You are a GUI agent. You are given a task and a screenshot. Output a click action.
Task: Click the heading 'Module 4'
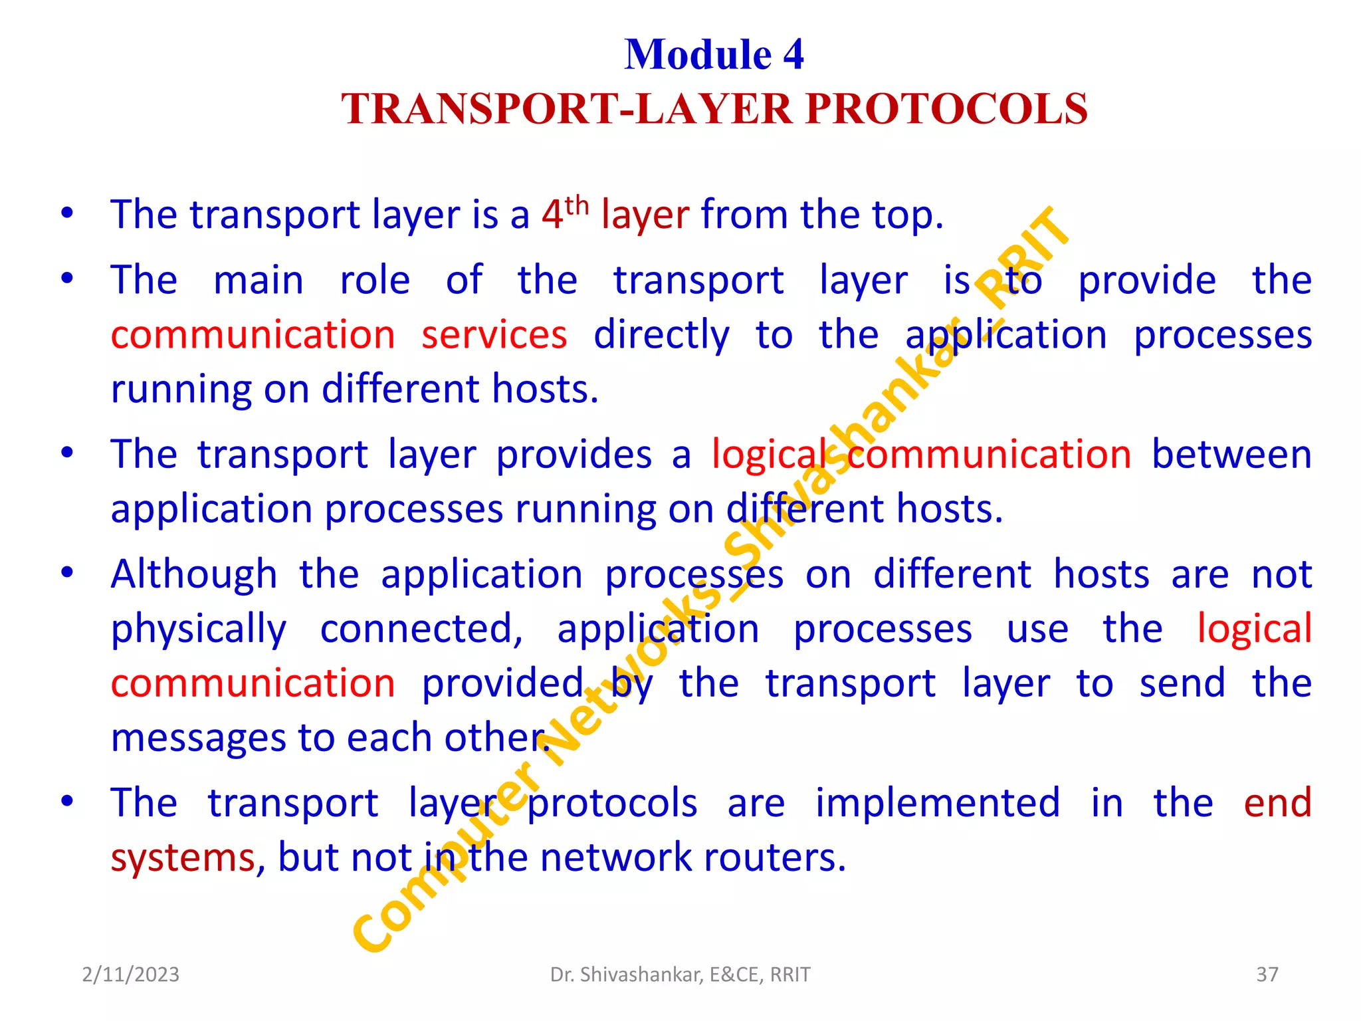click(x=714, y=55)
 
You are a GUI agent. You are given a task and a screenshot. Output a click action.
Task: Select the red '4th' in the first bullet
click(x=564, y=214)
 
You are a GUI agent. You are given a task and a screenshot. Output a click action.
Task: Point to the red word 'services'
click(x=494, y=334)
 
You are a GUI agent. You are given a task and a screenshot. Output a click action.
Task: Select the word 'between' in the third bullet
click(x=1231, y=455)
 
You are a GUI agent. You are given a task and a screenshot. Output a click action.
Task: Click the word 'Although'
click(x=193, y=574)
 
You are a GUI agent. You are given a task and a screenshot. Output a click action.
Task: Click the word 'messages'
click(x=198, y=738)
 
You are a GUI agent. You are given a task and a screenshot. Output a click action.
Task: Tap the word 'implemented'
click(x=937, y=803)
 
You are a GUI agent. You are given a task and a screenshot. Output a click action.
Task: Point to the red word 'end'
click(x=1277, y=803)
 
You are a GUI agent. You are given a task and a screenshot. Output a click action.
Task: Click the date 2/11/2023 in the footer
click(x=131, y=974)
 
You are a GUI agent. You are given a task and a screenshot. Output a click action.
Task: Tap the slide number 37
click(x=1267, y=974)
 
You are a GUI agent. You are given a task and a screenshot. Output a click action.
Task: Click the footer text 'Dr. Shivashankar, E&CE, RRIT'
click(x=680, y=974)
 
